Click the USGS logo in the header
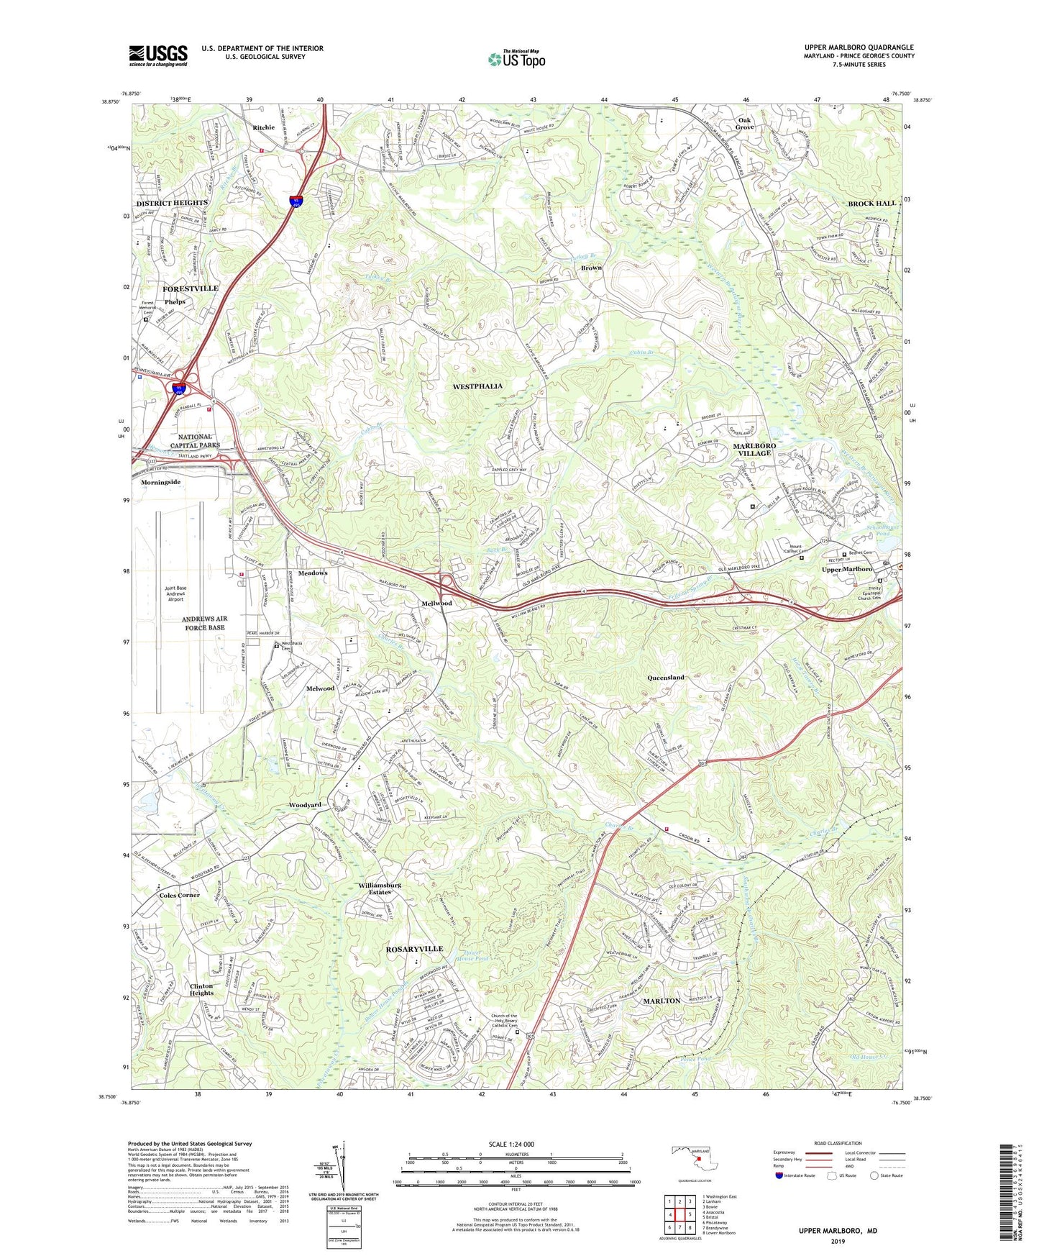click(157, 55)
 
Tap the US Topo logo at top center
click(516, 59)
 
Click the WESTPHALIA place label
click(477, 386)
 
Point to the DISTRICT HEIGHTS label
click(171, 203)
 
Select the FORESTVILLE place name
click(190, 288)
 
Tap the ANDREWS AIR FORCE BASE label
click(203, 623)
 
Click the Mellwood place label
click(436, 603)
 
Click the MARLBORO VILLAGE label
click(754, 450)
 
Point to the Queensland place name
click(666, 678)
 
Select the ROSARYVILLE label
click(414, 949)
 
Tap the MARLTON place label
click(662, 1001)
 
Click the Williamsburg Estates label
click(380, 888)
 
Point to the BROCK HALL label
click(871, 204)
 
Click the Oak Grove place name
click(744, 123)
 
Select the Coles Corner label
click(179, 895)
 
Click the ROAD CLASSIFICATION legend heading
click(838, 1143)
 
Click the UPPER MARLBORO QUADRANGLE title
click(859, 47)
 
